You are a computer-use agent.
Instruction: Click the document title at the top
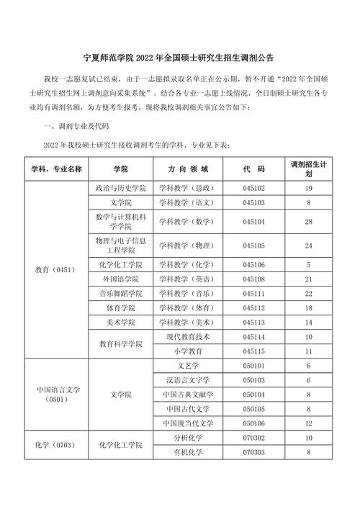tap(180, 56)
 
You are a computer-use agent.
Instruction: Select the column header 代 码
tap(254, 168)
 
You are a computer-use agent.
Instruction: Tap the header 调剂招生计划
tap(308, 168)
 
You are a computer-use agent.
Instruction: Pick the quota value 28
tap(308, 221)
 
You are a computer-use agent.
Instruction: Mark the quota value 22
tap(308, 294)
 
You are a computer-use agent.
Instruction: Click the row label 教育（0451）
tap(55, 269)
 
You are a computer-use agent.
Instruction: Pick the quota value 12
tap(308, 423)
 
